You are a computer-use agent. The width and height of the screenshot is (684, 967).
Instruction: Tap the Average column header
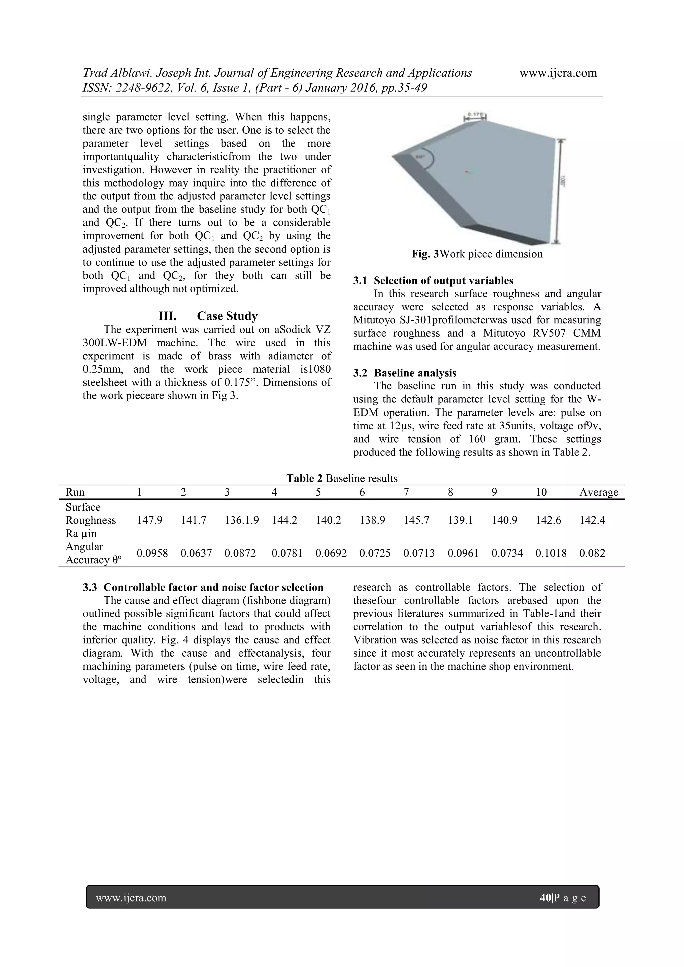[598, 492]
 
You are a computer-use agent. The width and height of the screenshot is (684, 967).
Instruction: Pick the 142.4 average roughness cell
[592, 520]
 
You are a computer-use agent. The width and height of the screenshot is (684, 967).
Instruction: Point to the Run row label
[75, 492]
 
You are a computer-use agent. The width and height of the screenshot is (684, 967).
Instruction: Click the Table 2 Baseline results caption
[342, 478]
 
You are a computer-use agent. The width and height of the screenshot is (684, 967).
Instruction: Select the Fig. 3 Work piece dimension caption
[477, 254]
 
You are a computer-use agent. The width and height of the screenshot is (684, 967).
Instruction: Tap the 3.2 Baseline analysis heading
[405, 373]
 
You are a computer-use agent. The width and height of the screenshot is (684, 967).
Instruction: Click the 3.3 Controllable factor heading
[203, 587]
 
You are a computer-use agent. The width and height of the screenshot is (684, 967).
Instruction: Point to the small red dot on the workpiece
[466, 171]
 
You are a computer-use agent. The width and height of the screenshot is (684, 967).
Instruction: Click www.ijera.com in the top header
[558, 73]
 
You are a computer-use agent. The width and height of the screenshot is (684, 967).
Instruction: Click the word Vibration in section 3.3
[373, 640]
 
